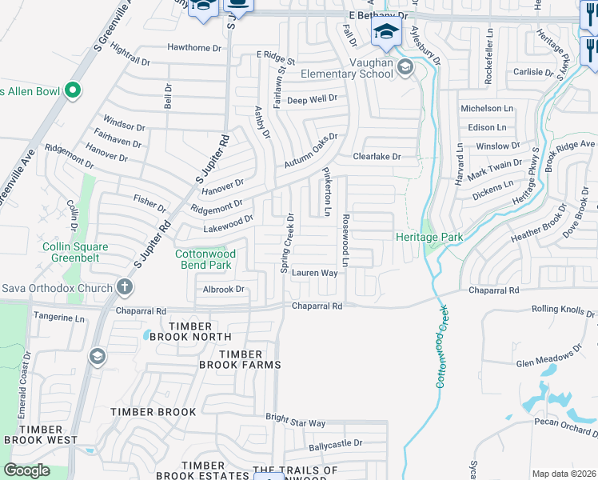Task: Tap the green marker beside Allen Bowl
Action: (73, 90)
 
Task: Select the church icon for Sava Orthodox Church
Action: (124, 286)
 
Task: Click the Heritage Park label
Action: (429, 237)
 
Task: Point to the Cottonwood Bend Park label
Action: (203, 258)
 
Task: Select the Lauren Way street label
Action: (314, 273)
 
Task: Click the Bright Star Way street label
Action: (295, 422)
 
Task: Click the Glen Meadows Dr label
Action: (549, 358)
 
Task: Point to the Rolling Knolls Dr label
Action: (564, 311)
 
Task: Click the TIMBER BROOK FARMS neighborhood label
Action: (240, 359)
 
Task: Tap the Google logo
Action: (26, 470)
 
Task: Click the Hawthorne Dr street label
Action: (193, 48)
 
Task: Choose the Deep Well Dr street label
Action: (312, 99)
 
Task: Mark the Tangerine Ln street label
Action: (58, 318)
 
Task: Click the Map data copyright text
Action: (564, 474)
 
